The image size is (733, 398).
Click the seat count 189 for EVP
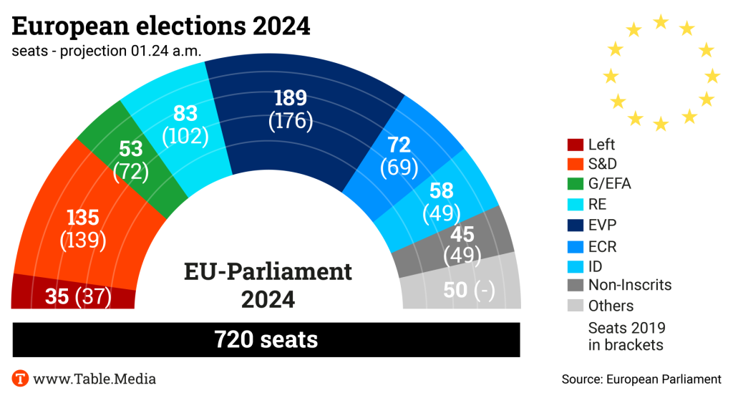pos(290,98)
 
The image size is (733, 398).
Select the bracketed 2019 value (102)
pos(185,135)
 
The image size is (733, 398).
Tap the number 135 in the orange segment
pos(82,218)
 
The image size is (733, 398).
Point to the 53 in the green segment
pos(130,150)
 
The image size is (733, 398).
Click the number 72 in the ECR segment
pos(399,145)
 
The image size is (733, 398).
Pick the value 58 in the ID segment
pos(442,191)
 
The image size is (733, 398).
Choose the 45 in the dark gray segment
pos(462,233)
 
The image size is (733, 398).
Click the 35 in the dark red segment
pos(56,296)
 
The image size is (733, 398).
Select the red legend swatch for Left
pos(573,145)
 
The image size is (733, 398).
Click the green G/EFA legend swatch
pos(573,185)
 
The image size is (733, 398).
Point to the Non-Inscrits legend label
pos(630,285)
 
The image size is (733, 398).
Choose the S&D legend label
pos(603,165)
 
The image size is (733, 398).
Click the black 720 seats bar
pos(266,339)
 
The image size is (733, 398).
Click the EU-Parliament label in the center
pos(268,272)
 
